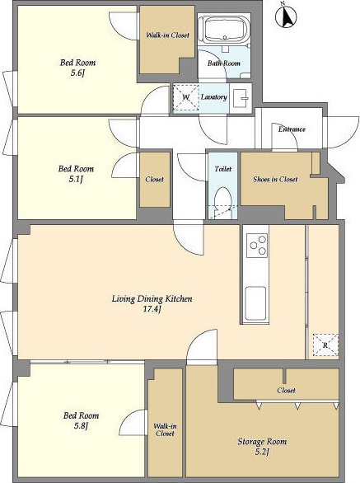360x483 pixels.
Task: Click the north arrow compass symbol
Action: [286, 16]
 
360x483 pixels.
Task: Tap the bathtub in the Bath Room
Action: [225, 30]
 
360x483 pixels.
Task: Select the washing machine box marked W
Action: [185, 97]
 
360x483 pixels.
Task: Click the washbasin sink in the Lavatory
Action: [241, 98]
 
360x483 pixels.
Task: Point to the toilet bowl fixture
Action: [222, 201]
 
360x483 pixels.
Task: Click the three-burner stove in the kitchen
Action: [257, 245]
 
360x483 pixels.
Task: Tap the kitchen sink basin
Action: [255, 304]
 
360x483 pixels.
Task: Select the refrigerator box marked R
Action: [325, 345]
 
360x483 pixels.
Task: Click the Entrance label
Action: [292, 129]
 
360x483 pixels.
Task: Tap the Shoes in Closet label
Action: [275, 179]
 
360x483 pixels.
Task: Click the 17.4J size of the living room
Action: [152, 309]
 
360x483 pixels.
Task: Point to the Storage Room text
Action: [262, 442]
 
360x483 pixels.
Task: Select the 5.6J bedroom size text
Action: [77, 73]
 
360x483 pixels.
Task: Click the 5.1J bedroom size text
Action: [76, 179]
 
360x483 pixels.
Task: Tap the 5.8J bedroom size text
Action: [81, 425]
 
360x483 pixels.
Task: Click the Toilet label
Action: [222, 169]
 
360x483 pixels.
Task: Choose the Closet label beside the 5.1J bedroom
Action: [154, 179]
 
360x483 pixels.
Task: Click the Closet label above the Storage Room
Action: [286, 391]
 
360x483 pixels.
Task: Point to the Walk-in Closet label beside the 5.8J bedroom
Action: [165, 429]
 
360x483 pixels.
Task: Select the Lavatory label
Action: [213, 97]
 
